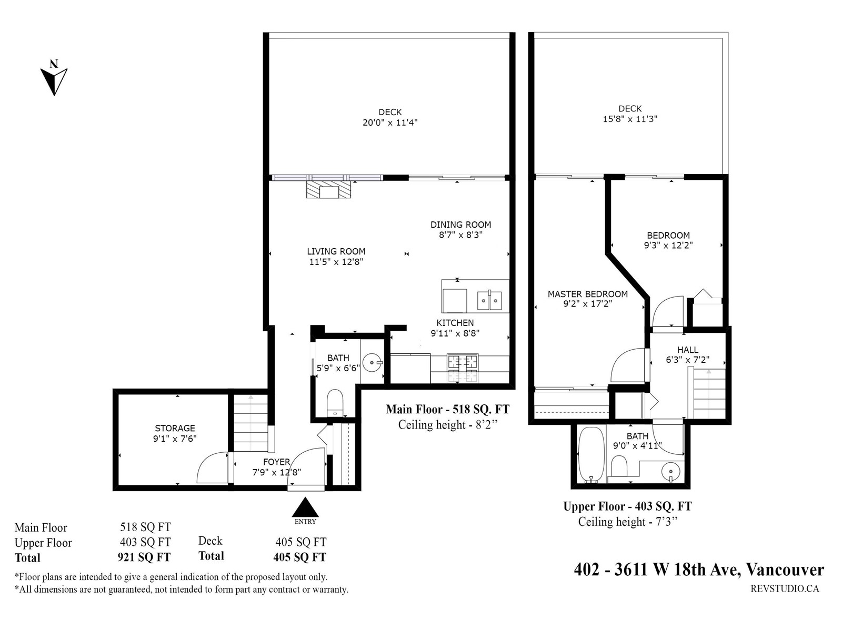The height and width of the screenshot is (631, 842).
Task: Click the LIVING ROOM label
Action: [x=336, y=251]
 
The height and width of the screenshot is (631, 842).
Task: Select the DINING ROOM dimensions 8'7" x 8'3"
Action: [x=461, y=235]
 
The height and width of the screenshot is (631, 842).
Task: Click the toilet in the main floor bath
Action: [x=335, y=402]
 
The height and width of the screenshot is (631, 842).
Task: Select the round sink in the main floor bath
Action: [x=374, y=362]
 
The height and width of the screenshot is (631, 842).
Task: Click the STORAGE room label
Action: [x=175, y=428]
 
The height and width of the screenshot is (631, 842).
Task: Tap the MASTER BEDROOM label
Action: [x=587, y=294]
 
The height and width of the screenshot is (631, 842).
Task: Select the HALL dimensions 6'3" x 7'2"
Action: [x=687, y=360]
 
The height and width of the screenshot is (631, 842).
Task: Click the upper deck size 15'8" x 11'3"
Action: [x=630, y=119]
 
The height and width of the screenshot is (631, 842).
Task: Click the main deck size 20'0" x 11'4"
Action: [x=390, y=123]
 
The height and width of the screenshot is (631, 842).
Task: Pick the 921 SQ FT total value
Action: [x=144, y=557]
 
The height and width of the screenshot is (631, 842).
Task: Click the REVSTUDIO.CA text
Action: [x=784, y=588]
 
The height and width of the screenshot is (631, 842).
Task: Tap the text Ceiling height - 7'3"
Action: [x=627, y=522]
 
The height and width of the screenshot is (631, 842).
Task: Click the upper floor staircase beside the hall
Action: [x=709, y=392]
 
